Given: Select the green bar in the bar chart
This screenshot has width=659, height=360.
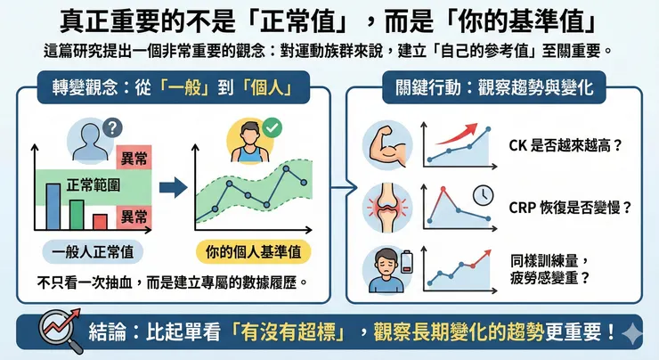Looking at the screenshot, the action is (77, 215).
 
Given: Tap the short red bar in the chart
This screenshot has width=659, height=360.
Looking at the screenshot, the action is (100, 221).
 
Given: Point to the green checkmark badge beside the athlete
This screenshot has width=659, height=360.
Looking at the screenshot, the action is (273, 128).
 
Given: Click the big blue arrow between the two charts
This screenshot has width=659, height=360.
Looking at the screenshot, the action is (172, 188).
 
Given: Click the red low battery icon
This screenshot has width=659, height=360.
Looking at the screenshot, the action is (409, 259).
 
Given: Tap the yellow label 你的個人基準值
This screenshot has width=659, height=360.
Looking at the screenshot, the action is (253, 251).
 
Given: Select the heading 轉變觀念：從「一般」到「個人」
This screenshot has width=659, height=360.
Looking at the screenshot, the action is (169, 89).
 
